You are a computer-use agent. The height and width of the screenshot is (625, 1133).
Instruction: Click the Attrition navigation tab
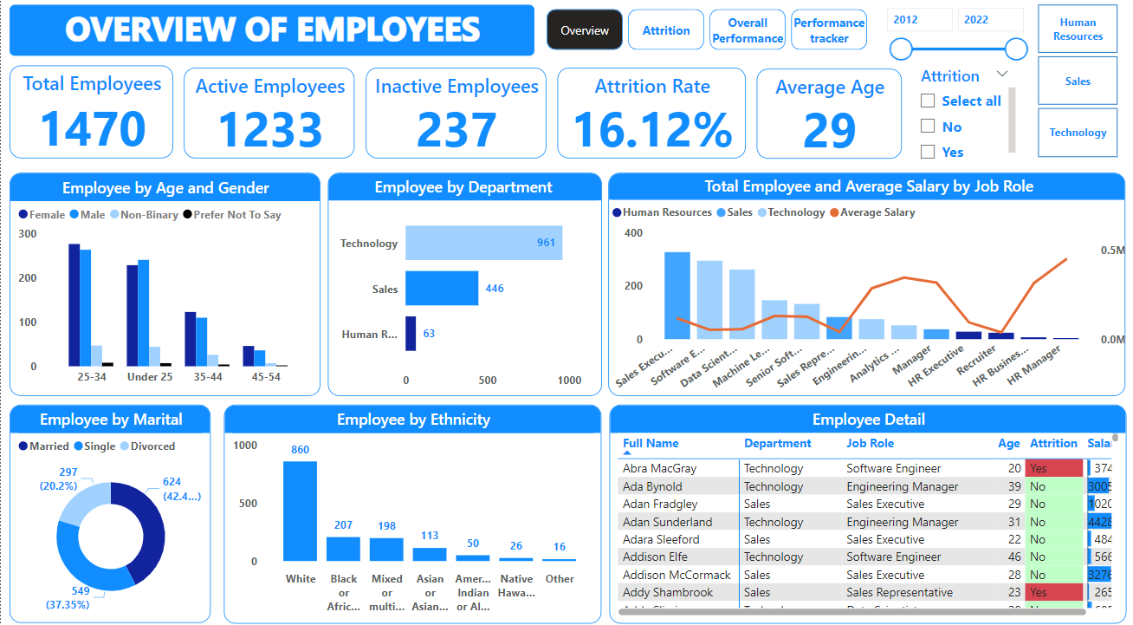pyautogui.click(x=665, y=30)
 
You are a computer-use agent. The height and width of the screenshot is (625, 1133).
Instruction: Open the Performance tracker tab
pyautogui.click(x=829, y=30)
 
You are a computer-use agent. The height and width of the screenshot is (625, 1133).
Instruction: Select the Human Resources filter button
pyautogui.click(x=1078, y=29)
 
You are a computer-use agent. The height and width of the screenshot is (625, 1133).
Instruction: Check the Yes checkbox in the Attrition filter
pyautogui.click(x=928, y=152)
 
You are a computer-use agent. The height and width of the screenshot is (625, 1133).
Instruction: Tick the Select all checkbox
pyautogui.click(x=928, y=101)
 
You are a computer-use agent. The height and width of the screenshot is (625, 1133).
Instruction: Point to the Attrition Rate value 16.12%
pyautogui.click(x=651, y=129)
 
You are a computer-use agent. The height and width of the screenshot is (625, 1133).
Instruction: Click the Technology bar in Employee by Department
pyautogui.click(x=483, y=243)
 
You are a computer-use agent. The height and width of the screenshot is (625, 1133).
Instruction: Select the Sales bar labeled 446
pyautogui.click(x=442, y=289)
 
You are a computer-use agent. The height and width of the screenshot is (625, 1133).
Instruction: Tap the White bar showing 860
pyautogui.click(x=300, y=511)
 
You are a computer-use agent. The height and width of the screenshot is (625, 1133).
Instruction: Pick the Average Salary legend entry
pyautogui.click(x=877, y=212)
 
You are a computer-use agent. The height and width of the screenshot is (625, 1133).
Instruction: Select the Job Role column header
pyautogui.click(x=870, y=443)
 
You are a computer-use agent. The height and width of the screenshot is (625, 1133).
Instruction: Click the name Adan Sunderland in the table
pyautogui.click(x=667, y=522)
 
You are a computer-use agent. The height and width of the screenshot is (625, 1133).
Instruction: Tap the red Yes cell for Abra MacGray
pyautogui.click(x=1053, y=468)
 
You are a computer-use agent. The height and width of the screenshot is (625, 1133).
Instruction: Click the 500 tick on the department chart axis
pyautogui.click(x=488, y=381)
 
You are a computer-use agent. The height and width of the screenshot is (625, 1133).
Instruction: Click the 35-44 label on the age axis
pyautogui.click(x=207, y=377)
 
